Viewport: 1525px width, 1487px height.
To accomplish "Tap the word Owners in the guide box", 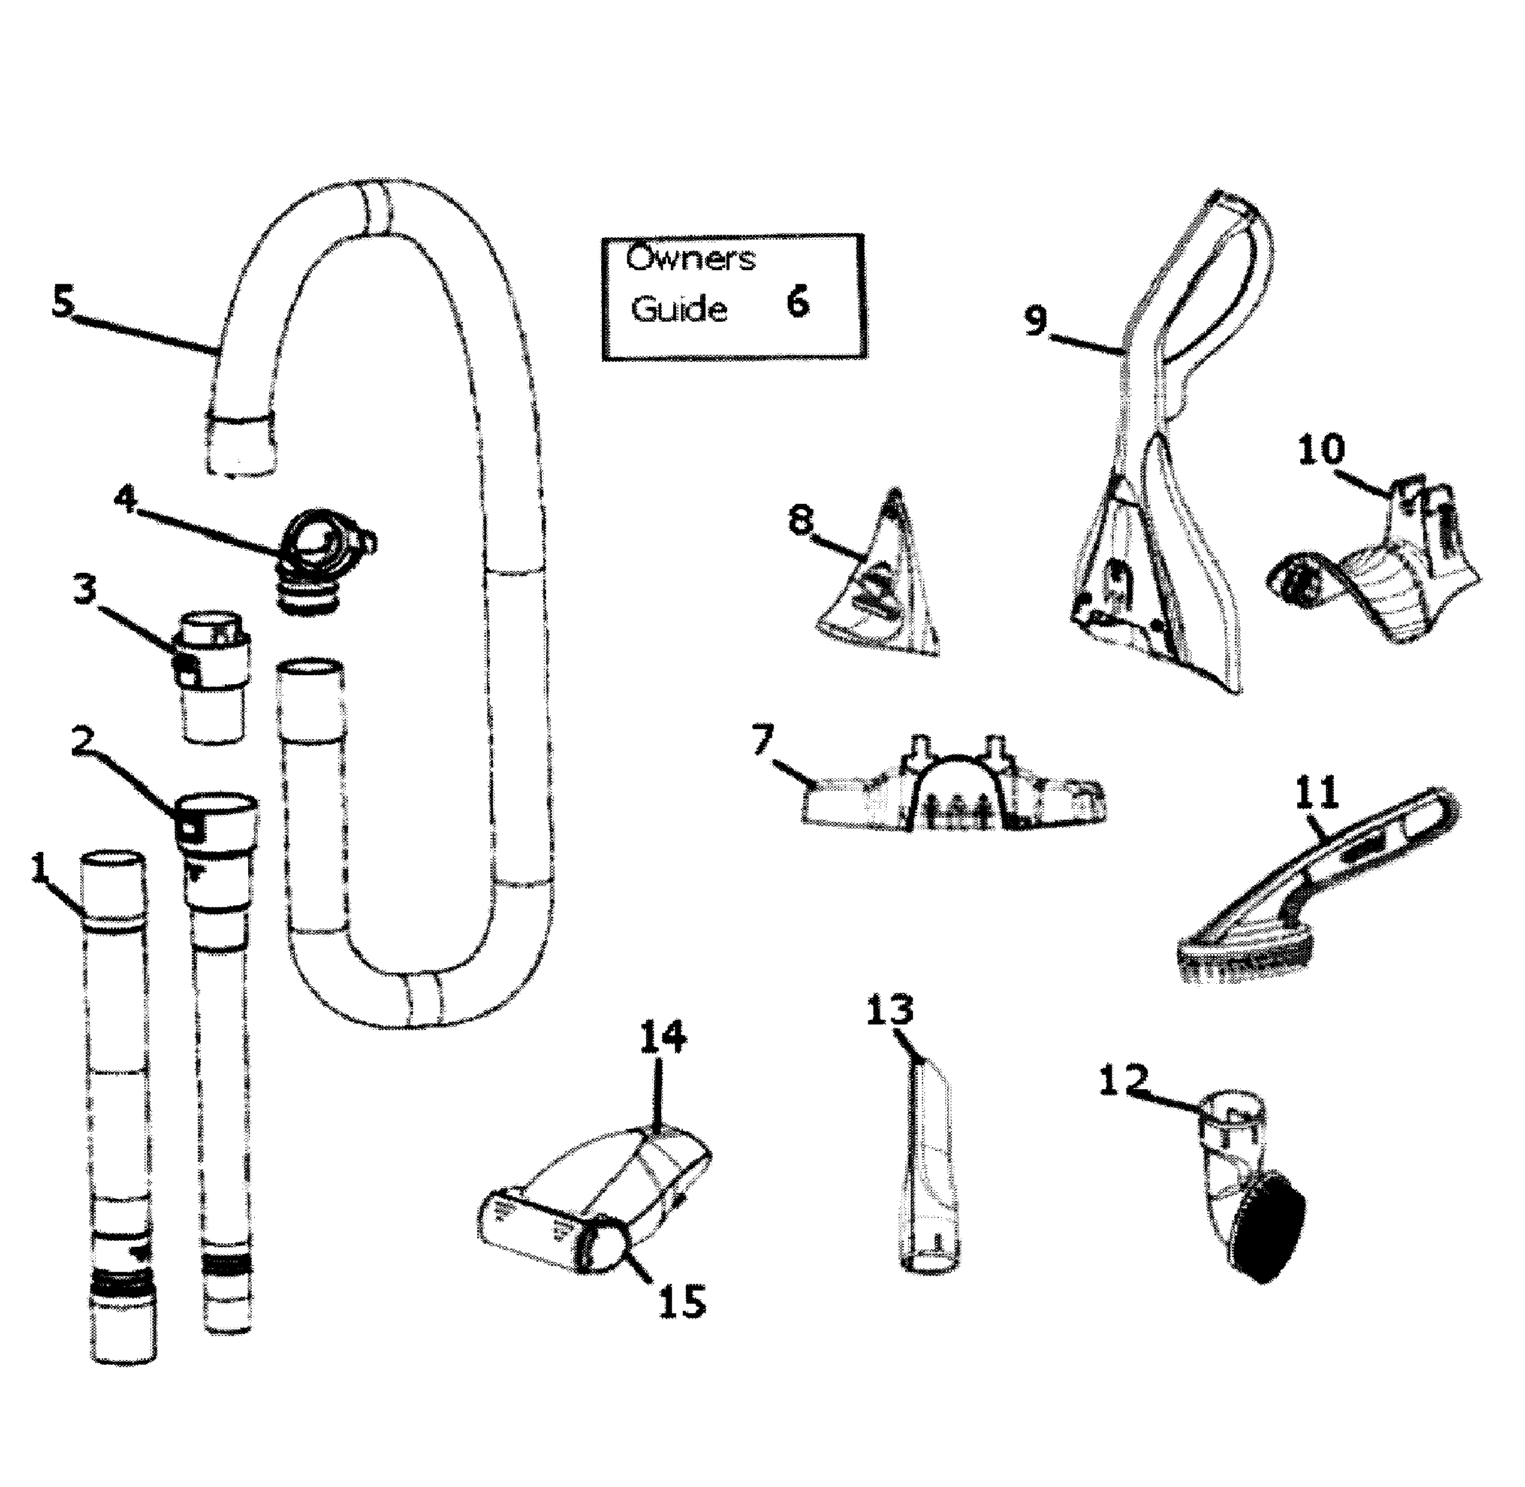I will point(691,258).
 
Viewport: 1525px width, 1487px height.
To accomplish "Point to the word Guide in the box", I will point(678,309).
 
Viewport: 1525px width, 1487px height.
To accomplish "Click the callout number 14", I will point(662,1036).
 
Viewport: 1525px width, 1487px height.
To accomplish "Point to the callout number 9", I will point(1036,320).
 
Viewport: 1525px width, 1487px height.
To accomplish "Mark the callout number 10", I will point(1322,450).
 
